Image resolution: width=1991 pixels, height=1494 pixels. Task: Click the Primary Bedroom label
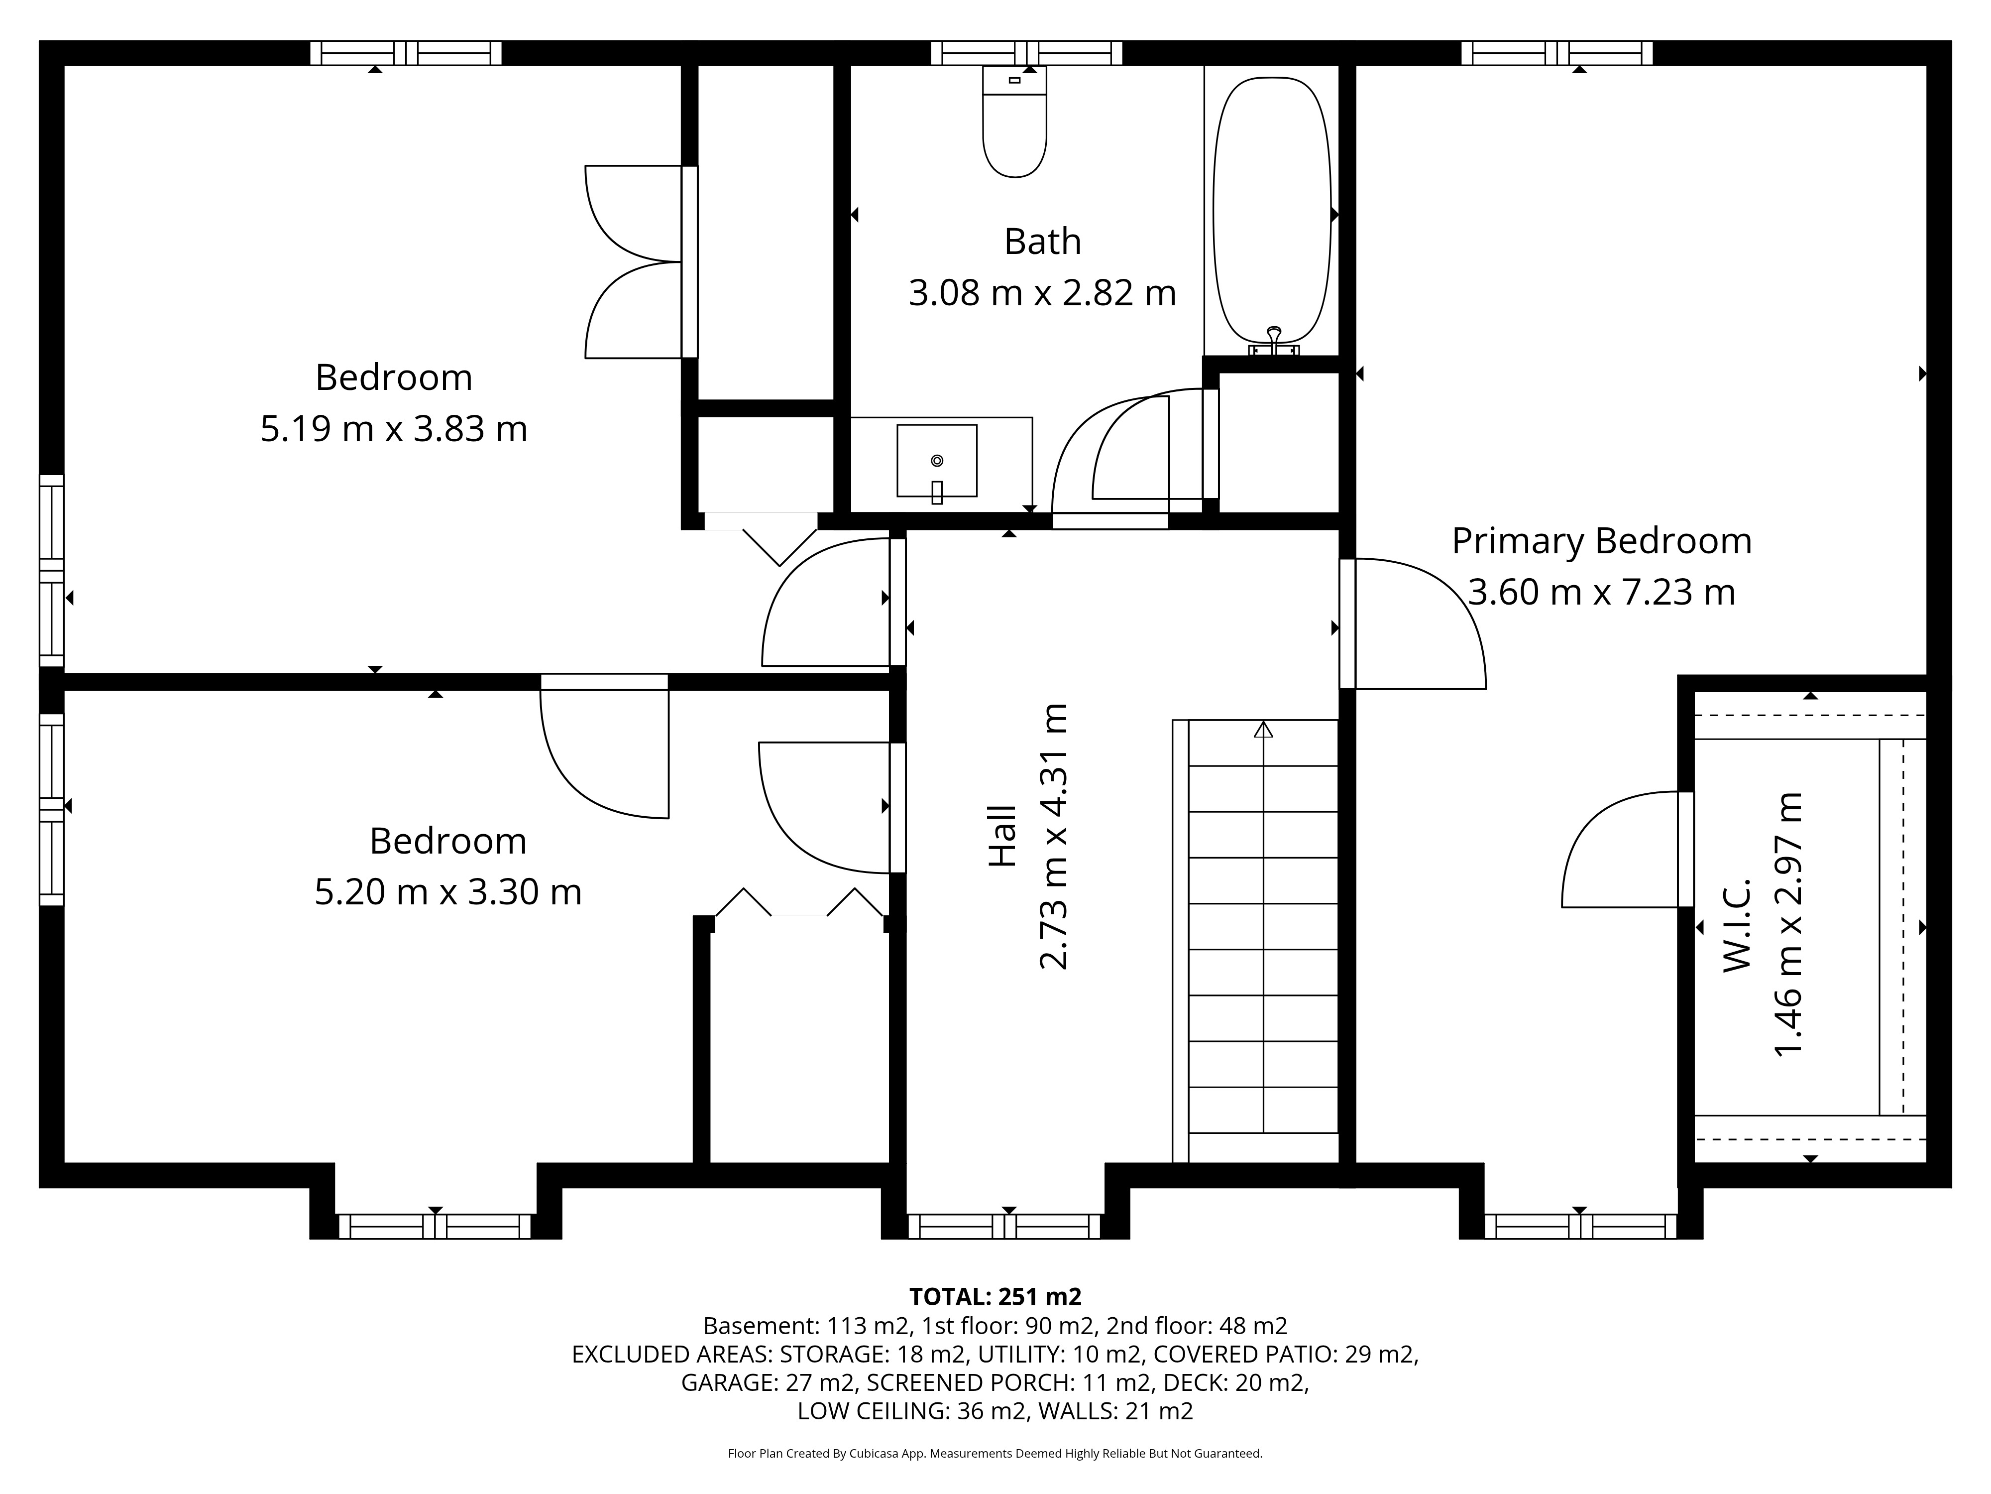[x=1601, y=541]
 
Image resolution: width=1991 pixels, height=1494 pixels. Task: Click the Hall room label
[x=1002, y=836]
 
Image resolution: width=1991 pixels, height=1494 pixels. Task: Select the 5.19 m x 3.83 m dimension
[x=393, y=429]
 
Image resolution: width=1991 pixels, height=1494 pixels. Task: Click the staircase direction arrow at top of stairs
[x=1264, y=730]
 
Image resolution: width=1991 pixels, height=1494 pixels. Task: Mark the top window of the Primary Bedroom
[x=1557, y=53]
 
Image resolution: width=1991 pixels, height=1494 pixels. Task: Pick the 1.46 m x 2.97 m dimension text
[x=1788, y=925]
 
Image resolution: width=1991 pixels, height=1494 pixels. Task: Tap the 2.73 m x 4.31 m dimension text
[x=1053, y=836]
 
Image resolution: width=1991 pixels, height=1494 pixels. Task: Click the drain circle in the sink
[x=937, y=460]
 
